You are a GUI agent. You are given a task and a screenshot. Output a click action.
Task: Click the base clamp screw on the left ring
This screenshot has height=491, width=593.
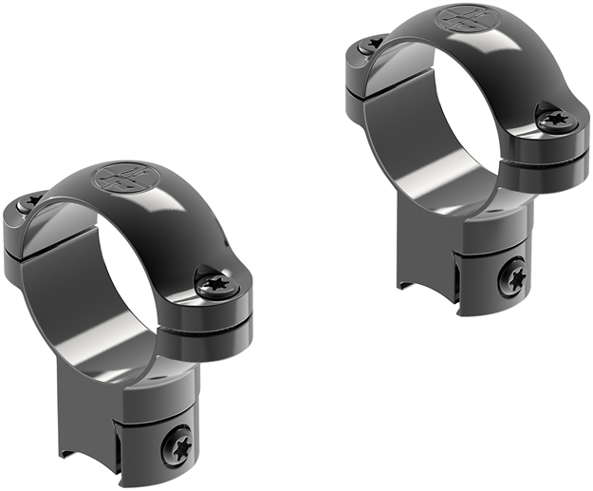178,443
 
